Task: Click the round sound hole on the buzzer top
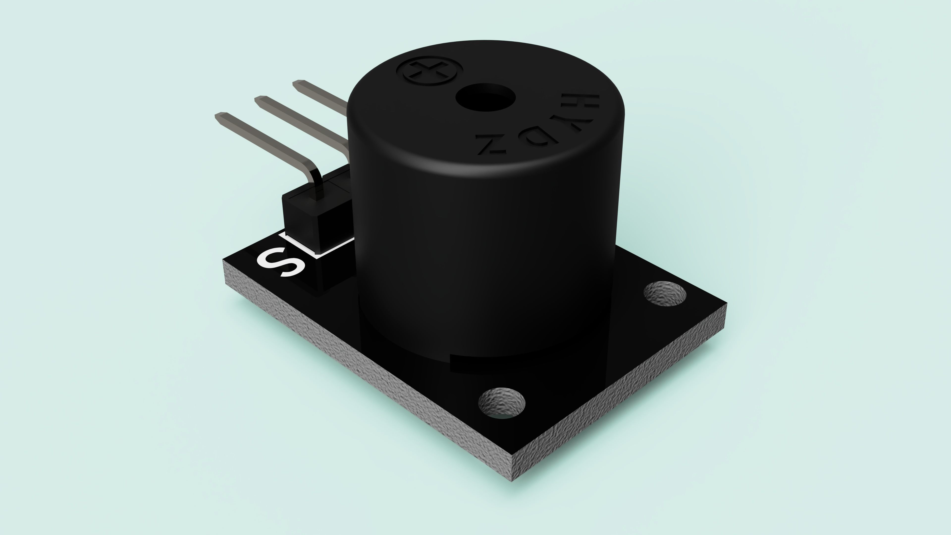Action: pos(485,98)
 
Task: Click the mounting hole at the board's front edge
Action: pos(502,402)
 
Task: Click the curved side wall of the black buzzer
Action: pos(480,240)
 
